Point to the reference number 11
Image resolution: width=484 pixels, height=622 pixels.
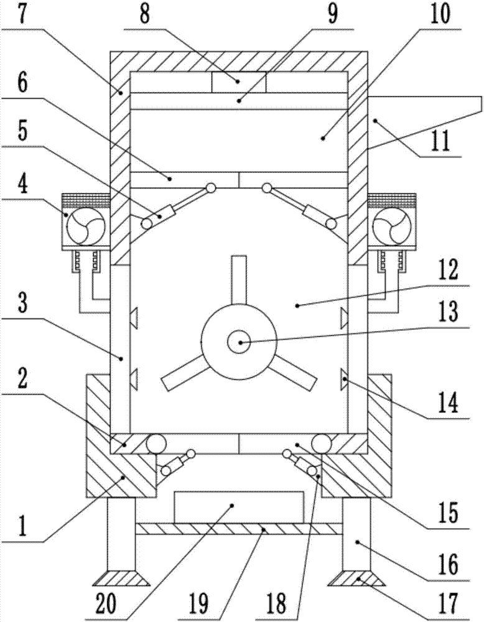(440, 141)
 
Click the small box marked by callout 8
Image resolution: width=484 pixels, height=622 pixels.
(239, 82)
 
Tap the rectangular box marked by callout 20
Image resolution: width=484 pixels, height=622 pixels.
(239, 507)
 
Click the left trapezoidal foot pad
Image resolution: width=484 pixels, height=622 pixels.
(121, 578)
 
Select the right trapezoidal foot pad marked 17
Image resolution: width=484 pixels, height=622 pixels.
(356, 578)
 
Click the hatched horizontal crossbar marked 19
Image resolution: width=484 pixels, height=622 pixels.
(239, 528)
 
